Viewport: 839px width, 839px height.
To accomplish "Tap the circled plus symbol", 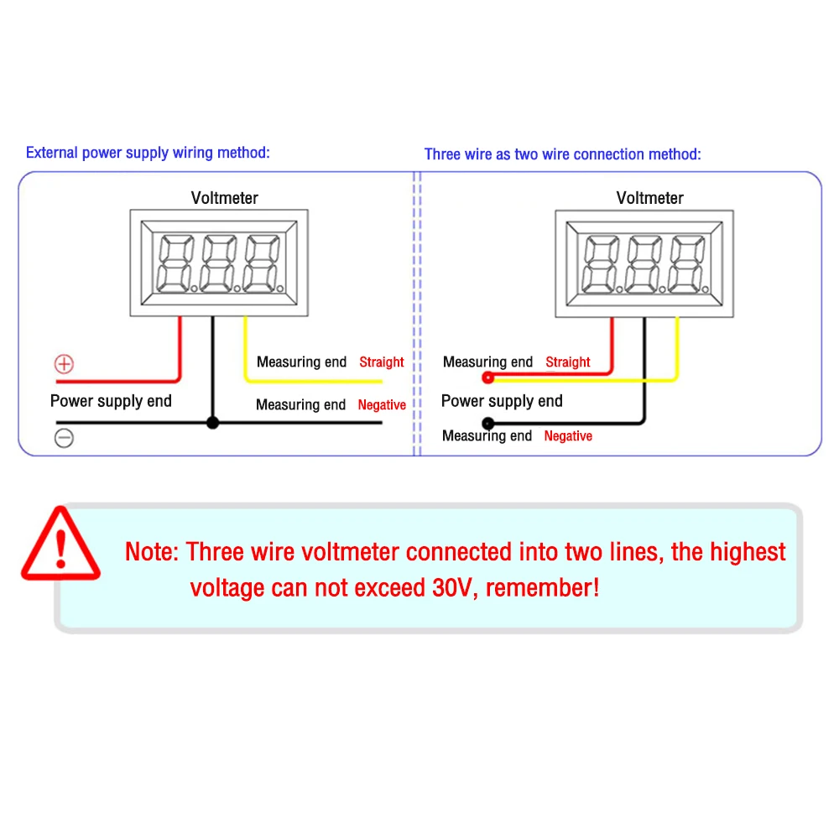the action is coord(65,364).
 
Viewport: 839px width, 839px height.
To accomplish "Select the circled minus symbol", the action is coord(65,438).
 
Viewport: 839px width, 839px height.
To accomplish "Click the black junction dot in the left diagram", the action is coord(212,423).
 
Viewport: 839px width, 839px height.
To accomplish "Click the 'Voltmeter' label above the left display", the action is coord(225,198).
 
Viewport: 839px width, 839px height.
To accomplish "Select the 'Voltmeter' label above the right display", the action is coord(650,198).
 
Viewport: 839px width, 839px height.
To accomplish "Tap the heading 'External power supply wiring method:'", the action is coord(148,153).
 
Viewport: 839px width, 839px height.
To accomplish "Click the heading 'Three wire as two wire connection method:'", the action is coord(562,154).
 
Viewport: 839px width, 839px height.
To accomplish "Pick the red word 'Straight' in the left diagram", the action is coord(382,362).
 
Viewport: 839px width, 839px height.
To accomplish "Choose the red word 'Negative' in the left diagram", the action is coord(382,405).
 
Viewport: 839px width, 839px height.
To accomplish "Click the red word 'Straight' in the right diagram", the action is coord(568,362).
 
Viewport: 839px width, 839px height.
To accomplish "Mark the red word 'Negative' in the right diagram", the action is coord(568,436).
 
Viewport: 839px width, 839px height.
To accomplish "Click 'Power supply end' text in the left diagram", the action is coord(111,401).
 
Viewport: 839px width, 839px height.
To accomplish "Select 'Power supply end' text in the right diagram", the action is coord(502,401).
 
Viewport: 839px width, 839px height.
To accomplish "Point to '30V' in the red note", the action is coord(453,587).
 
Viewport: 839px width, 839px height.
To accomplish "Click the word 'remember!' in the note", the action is coord(543,587).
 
